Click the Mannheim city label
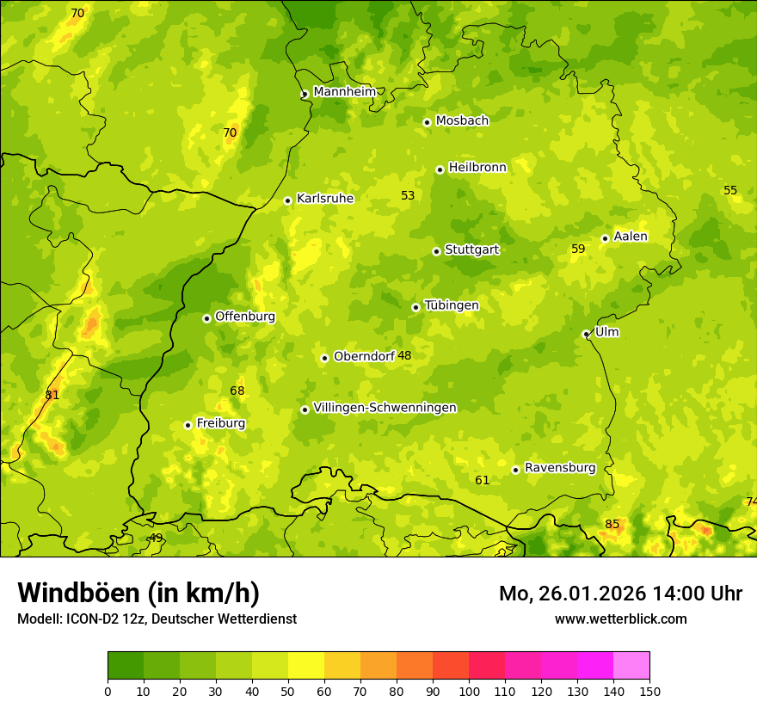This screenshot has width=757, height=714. [344, 92]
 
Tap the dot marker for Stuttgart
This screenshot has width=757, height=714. [436, 251]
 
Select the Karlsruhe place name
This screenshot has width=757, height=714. [324, 199]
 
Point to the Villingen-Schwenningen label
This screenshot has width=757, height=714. [385, 408]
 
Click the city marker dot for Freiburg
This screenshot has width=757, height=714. [188, 425]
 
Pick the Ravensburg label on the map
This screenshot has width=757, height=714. [559, 468]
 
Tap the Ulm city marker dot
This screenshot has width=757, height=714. [586, 334]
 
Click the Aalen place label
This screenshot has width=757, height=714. [630, 237]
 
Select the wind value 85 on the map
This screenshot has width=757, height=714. [612, 525]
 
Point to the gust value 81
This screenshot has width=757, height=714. [52, 395]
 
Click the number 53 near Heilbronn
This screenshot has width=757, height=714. [408, 195]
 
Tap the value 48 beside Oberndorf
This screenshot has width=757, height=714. [404, 356]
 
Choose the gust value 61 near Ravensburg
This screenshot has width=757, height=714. [482, 480]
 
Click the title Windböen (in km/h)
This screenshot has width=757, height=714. [138, 593]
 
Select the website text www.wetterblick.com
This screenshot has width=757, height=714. [620, 619]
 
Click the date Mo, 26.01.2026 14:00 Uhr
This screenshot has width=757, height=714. [620, 594]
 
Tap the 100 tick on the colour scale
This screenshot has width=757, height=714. [469, 691]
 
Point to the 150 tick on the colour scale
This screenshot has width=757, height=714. [649, 691]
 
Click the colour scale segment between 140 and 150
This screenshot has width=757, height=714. [631, 666]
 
